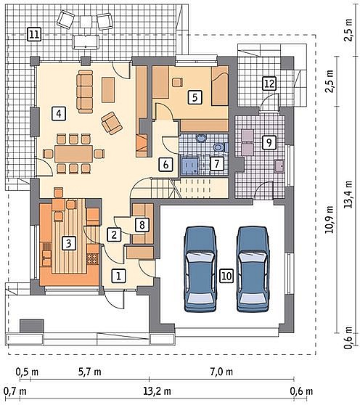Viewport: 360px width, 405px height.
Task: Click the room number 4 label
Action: (x=59, y=114)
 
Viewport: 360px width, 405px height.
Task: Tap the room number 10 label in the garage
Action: (x=226, y=276)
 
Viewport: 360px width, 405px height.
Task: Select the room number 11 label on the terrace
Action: (x=34, y=35)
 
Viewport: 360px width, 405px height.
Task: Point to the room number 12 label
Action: (x=269, y=83)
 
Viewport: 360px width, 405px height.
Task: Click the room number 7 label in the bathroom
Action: (x=216, y=164)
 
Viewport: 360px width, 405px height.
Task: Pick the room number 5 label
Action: (x=195, y=97)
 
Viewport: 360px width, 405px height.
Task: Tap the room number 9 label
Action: (x=269, y=142)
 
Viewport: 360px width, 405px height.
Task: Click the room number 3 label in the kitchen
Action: (x=68, y=243)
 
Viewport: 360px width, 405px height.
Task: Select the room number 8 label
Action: (x=142, y=225)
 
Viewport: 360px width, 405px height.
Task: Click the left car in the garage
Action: (x=200, y=269)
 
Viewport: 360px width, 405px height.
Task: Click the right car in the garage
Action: (x=253, y=269)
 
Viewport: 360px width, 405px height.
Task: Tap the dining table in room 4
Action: (x=73, y=154)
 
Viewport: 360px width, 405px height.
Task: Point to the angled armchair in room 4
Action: (x=112, y=123)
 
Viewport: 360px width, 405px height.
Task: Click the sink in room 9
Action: (x=279, y=165)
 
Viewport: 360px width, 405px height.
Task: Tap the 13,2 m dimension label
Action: (x=157, y=391)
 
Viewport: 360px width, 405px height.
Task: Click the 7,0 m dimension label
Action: (x=221, y=372)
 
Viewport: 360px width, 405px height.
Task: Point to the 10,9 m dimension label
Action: (x=330, y=219)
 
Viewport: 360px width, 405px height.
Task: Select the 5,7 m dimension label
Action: (x=89, y=372)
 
